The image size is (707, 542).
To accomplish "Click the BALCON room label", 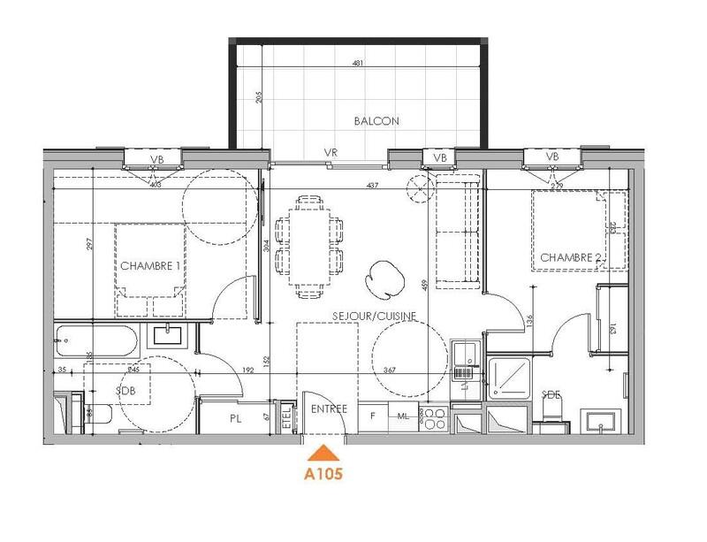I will pos(377,121).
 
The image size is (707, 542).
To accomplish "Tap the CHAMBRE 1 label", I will pos(151,266).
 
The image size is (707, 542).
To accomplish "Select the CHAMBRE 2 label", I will pos(572,257).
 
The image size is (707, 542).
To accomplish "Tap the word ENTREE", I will pos(330,409).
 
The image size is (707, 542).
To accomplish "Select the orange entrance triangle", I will pos(323,452).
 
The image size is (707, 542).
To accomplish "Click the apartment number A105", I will pos(323,473).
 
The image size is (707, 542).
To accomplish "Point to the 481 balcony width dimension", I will pos(357,64).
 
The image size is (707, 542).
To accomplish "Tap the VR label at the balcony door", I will pos(331,153).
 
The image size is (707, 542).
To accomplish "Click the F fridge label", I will pos(372,416).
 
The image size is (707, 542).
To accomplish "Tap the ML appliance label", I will pos(402,416).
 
